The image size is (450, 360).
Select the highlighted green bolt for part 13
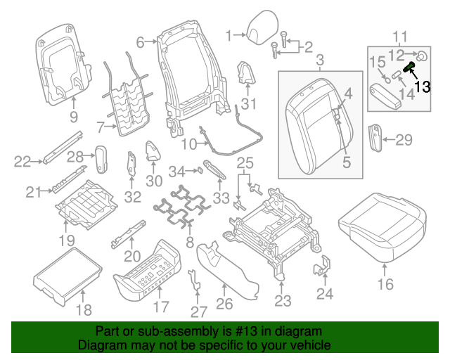pyautogui.click(x=409, y=67)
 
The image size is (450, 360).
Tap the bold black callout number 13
pyautogui.click(x=422, y=86)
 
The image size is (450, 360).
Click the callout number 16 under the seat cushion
pyautogui.click(x=385, y=284)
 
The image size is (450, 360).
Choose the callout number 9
pyautogui.click(x=74, y=117)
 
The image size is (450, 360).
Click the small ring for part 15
pyautogui.click(x=387, y=80)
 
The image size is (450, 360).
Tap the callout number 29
pyautogui.click(x=404, y=140)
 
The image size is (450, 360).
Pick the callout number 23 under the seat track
pyautogui.click(x=283, y=300)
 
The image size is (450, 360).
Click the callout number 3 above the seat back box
pyautogui.click(x=320, y=60)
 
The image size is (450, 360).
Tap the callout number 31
pyautogui.click(x=248, y=103)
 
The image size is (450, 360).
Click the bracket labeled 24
pyautogui.click(x=322, y=266)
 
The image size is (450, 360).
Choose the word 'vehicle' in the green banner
pyautogui.click(x=312, y=345)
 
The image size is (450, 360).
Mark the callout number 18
pyautogui.click(x=84, y=310)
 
